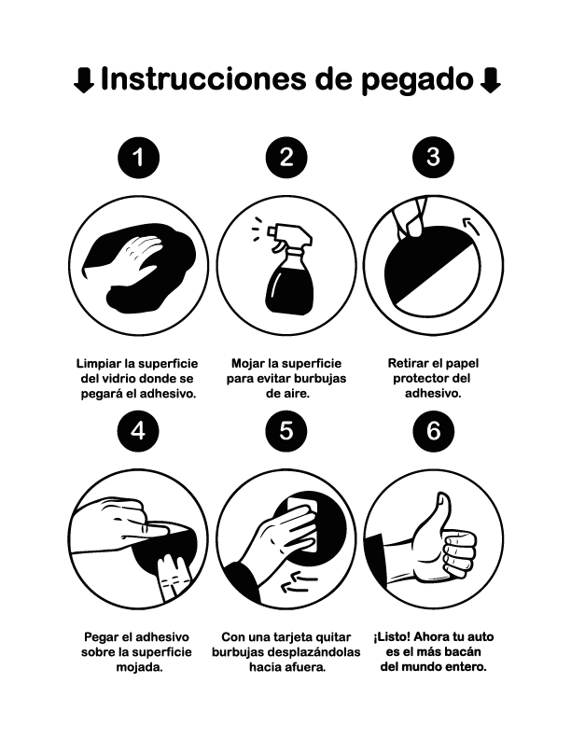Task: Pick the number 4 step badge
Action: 139,430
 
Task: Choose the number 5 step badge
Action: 285,430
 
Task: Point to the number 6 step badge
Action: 432,430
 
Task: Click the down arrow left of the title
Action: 83,80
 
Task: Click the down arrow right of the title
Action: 489,80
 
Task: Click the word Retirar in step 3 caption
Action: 411,363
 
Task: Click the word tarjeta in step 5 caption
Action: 281,636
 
